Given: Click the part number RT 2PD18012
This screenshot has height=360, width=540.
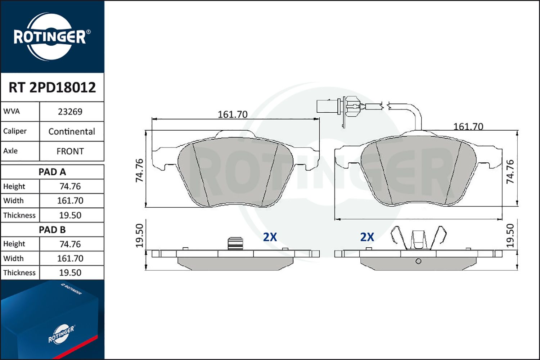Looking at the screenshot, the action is [52, 87].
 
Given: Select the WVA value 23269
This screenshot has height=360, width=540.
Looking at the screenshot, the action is [70, 112].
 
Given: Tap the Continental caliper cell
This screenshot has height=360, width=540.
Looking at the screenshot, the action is [72, 131].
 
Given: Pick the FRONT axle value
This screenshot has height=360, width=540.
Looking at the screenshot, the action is [70, 151].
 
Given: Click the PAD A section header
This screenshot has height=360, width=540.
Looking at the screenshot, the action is [52, 172].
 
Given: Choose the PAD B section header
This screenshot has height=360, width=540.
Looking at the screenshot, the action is [52, 230].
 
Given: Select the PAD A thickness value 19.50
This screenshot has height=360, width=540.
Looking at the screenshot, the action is [70, 215].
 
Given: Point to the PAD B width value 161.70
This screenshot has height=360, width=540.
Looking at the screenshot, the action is [70, 258].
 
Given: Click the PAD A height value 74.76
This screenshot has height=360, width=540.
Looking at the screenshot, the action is [70, 186].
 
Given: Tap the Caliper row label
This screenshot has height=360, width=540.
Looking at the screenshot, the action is [15, 131].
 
